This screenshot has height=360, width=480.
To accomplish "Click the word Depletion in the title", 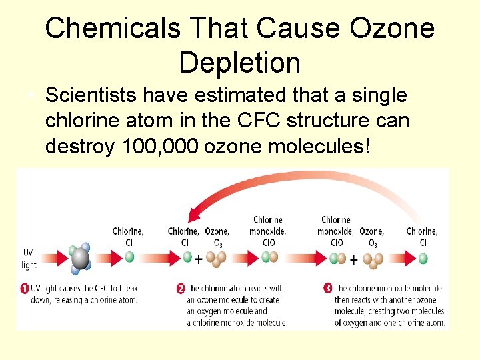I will point(240,63).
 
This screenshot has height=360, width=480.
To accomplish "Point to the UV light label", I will point(29,259).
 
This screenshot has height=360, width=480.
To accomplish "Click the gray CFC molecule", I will point(81,258).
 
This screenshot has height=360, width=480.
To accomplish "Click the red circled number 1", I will point(23,289).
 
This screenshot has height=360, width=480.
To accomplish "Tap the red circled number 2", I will point(180,289).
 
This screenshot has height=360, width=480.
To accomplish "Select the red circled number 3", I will point(327,289).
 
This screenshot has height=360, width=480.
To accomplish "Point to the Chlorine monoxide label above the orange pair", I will point(268,225).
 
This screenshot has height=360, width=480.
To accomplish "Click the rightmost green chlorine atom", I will point(423,257).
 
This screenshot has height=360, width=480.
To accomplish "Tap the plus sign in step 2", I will point(198,259).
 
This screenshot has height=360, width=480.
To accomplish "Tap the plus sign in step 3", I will point(353,259).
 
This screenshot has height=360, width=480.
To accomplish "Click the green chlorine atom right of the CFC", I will point(129,257).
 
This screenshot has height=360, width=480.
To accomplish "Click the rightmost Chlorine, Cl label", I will point(422,237).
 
